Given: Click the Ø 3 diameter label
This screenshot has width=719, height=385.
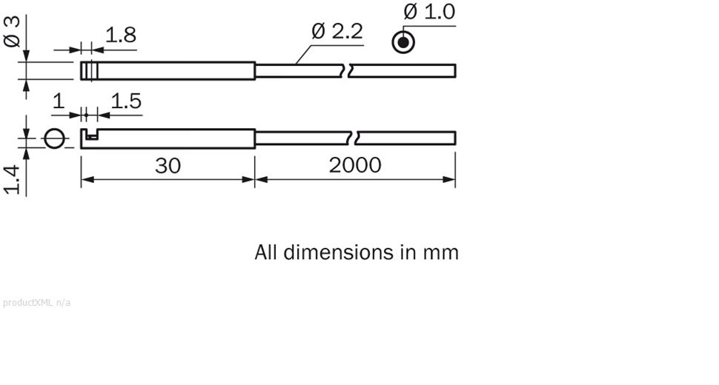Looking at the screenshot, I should pos(13,31).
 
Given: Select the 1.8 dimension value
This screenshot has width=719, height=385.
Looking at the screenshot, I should pos(120,36).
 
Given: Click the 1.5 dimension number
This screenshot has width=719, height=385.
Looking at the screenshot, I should pos(125,101).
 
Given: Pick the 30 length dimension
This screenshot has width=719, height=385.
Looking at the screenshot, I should pos(168,165).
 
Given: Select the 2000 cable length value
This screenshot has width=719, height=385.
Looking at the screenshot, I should pos(355,165).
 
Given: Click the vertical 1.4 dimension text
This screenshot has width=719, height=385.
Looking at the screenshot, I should pos(13,180).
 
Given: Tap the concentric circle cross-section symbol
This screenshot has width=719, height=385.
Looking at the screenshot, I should pos(402,43).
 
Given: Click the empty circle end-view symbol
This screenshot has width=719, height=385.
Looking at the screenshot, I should pos(55,138).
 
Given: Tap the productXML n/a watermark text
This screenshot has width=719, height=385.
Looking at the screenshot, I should pos(37,302).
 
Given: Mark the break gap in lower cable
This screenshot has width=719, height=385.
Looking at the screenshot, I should pos(354,138).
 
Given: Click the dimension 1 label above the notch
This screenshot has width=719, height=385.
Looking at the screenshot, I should pos(59,101).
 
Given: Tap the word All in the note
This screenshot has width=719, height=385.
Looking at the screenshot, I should pos(266,252).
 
